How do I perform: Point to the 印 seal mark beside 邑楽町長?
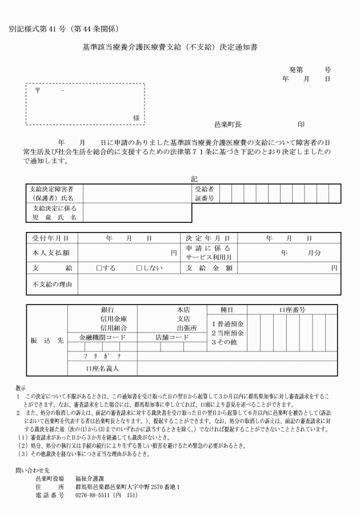(x=301, y=123)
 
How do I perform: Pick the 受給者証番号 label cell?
(x=204, y=194)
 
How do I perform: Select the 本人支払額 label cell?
(x=51, y=252)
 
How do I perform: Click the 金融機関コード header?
(x=102, y=338)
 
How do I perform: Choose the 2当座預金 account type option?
(x=227, y=332)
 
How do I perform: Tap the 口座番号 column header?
(x=293, y=310)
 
